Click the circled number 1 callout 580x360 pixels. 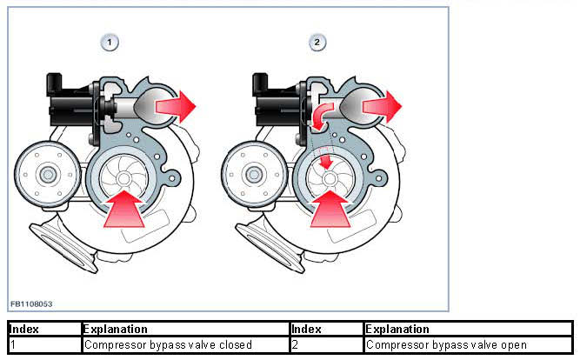[110, 42]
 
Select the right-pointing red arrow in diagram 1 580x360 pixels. [176, 106]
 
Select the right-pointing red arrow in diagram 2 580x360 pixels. [383, 106]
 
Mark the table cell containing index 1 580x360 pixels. [44, 344]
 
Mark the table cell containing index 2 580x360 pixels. [326, 344]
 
